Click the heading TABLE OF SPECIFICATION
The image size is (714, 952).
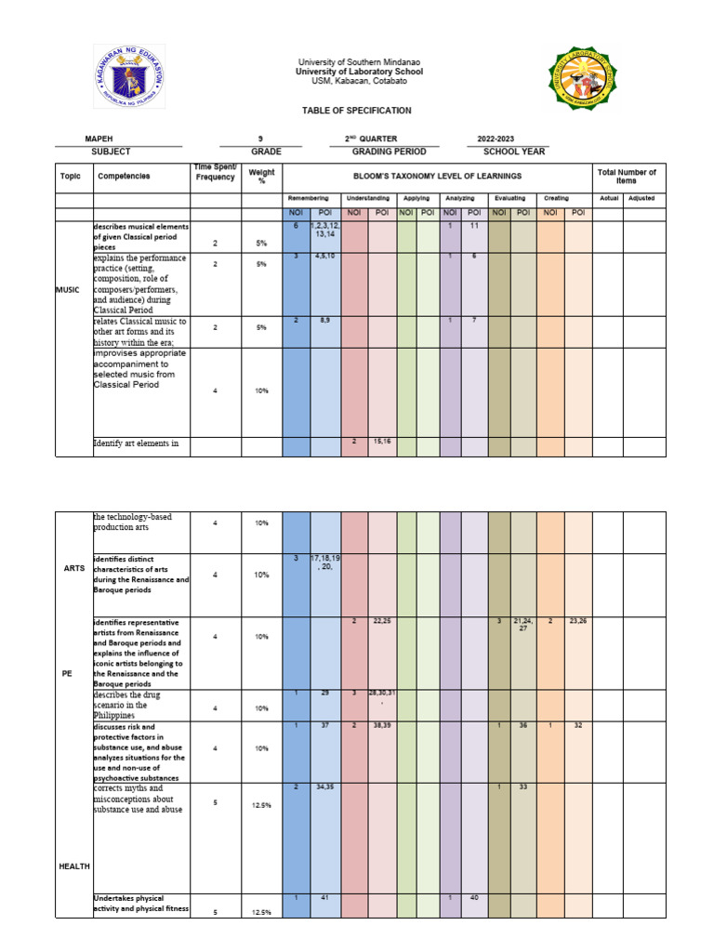point(356,111)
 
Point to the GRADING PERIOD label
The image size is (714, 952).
point(389,152)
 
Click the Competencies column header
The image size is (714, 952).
point(124,176)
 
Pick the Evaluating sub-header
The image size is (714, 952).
point(509,199)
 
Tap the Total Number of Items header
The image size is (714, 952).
point(629,176)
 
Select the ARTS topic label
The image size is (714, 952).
point(74,568)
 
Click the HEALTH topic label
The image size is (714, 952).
point(74,866)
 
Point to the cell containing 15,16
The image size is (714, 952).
point(382,443)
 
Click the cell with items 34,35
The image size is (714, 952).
point(325,787)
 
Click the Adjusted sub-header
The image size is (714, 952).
point(641,199)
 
